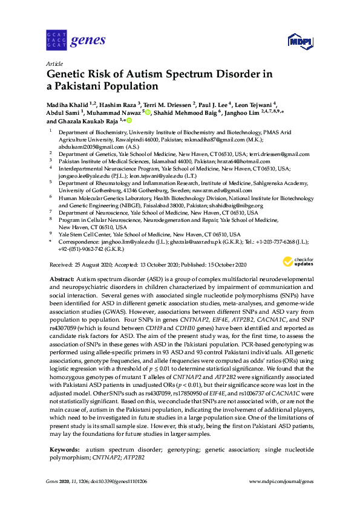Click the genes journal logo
point(76,41)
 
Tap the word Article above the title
point(54,63)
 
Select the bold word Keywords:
point(64,450)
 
